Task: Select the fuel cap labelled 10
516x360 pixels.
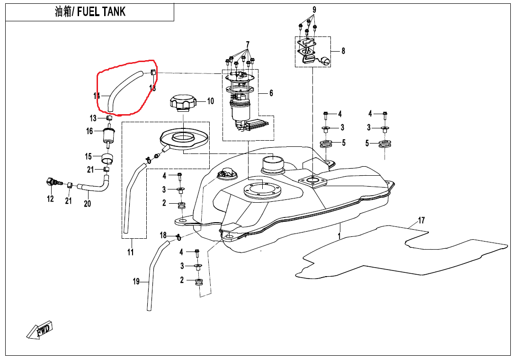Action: click(182, 103)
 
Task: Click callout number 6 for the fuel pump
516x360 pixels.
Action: click(271, 93)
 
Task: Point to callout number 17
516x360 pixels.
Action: click(421, 220)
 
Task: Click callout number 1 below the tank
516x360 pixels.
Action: click(339, 235)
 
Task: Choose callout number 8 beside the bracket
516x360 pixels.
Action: click(343, 51)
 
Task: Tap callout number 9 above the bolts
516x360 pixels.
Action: click(314, 9)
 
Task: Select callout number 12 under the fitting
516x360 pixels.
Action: click(50, 199)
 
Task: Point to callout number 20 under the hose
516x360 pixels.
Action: click(87, 204)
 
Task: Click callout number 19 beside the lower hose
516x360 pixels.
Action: click(136, 282)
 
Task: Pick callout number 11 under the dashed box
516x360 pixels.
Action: click(131, 252)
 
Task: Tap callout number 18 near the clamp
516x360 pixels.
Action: click(163, 235)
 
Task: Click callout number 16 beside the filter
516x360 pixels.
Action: click(89, 131)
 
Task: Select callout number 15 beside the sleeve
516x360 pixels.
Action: click(88, 156)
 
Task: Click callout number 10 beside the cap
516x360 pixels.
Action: click(210, 101)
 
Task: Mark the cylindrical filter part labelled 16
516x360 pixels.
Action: click(108, 136)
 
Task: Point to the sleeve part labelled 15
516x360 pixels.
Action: click(109, 158)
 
